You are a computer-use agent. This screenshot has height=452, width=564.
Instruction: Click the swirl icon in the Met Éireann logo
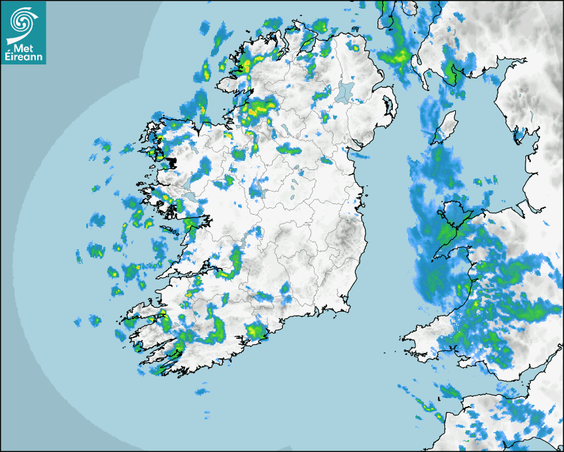(x=23, y=20)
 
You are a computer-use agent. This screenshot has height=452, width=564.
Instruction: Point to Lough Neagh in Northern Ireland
(x=346, y=92)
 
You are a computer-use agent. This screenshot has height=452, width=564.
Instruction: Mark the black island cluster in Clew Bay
(x=172, y=162)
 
